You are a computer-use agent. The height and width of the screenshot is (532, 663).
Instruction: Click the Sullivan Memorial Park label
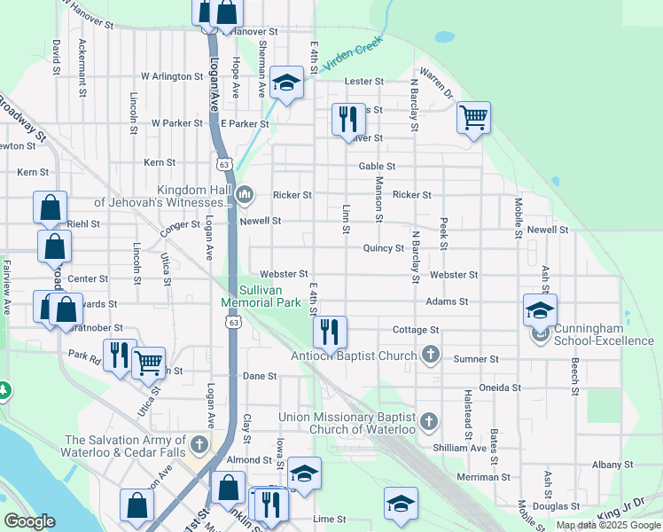pyautogui.click(x=261, y=296)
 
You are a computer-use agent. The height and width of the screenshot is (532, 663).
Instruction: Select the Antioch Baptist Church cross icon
pyautogui.click(x=430, y=356)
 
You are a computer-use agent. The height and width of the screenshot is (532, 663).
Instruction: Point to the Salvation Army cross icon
pyautogui.click(x=200, y=442)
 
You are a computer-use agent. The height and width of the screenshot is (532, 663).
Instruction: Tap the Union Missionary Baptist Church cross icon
pyautogui.click(x=429, y=420)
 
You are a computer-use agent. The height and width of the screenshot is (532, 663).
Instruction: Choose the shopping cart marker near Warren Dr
pyautogui.click(x=474, y=117)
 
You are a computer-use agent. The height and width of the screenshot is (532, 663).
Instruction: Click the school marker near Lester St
pyautogui.click(x=286, y=83)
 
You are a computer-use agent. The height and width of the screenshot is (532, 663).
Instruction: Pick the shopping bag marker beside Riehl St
pyautogui.click(x=51, y=207)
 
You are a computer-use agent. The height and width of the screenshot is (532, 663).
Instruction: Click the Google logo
pyautogui.click(x=30, y=521)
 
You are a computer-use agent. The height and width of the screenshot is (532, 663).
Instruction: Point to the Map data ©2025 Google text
pyautogui.click(x=607, y=525)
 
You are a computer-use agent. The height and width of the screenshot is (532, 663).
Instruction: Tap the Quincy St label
pyautogui.click(x=384, y=248)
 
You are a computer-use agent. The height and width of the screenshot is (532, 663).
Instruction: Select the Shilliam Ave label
pyautogui.click(x=466, y=448)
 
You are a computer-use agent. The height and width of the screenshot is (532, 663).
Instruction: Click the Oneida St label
pyautogui.click(x=499, y=387)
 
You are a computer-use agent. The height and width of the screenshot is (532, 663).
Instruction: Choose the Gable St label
pyautogui.click(x=377, y=166)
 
